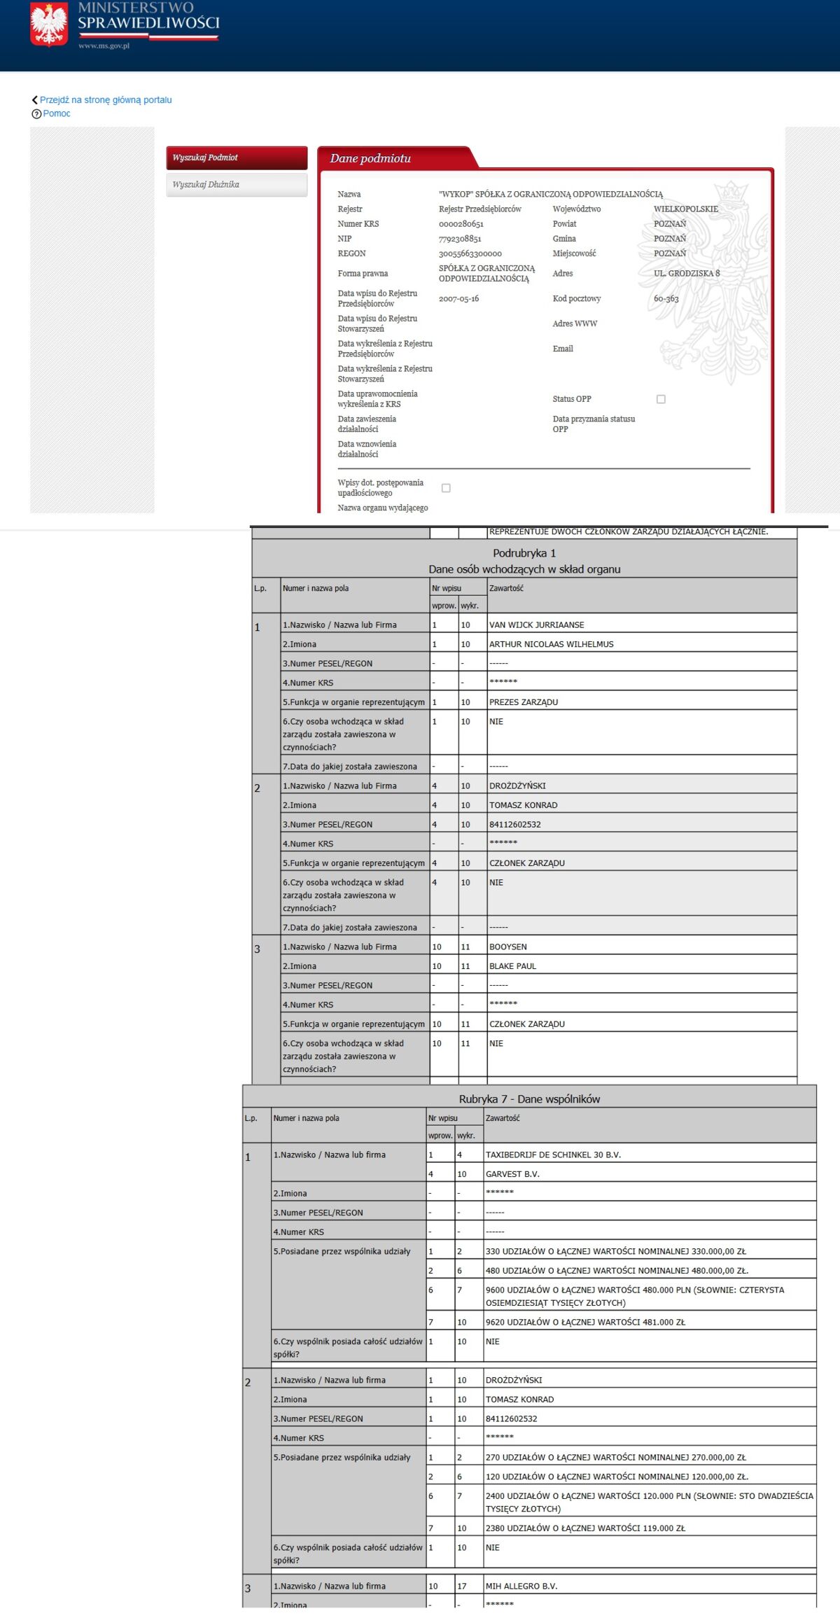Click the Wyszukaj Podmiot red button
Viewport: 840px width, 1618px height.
pos(237,158)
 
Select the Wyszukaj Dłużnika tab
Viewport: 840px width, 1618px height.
pos(237,185)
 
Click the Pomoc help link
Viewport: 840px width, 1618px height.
pos(56,113)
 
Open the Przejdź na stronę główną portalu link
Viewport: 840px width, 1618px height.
pos(105,100)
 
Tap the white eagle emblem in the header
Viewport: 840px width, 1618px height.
pos(49,24)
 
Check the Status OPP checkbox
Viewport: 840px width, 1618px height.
pos(661,399)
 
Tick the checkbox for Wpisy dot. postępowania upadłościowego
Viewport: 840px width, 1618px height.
pos(446,488)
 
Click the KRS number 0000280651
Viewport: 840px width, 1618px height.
pos(461,224)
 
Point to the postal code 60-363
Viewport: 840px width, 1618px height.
pos(666,299)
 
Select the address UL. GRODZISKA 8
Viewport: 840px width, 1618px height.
pos(686,274)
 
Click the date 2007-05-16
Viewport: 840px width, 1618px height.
pos(458,299)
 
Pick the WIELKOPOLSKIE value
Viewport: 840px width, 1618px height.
pos(685,209)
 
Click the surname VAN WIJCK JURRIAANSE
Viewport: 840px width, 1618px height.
pos(536,625)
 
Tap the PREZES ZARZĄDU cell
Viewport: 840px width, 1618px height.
pos(524,702)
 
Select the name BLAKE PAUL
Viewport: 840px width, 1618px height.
pos(512,966)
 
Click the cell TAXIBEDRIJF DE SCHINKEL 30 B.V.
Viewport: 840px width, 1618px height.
pos(553,1155)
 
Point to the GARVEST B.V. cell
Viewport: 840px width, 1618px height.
pos(512,1174)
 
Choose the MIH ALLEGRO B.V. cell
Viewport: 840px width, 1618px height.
pos(521,1586)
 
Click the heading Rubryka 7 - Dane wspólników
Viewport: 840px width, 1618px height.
pos(529,1099)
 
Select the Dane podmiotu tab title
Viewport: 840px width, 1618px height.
pos(370,159)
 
